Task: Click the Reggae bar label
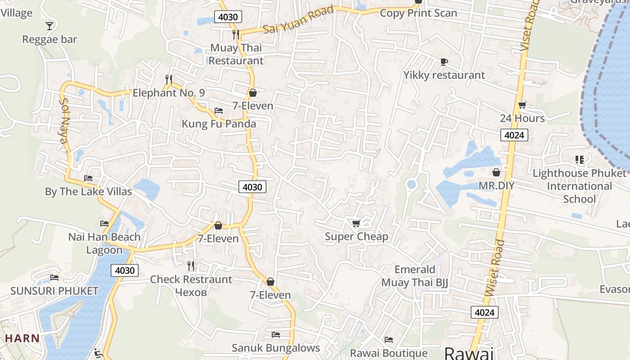(50, 40)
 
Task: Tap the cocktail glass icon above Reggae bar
(49, 26)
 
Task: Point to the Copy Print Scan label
(418, 13)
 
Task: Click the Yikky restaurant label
(444, 75)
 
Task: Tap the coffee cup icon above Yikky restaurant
(444, 62)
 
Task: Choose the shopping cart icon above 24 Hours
(522, 105)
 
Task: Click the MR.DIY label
(496, 186)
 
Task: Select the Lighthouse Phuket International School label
(579, 186)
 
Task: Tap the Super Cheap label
(356, 237)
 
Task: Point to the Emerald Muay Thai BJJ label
(415, 276)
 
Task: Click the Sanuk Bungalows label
(276, 348)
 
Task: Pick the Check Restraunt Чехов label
(191, 286)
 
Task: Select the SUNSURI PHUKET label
(54, 291)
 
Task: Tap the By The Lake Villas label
(88, 192)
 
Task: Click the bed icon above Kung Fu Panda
(219, 111)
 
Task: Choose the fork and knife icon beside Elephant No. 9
(169, 80)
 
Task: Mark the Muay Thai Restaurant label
(236, 54)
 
